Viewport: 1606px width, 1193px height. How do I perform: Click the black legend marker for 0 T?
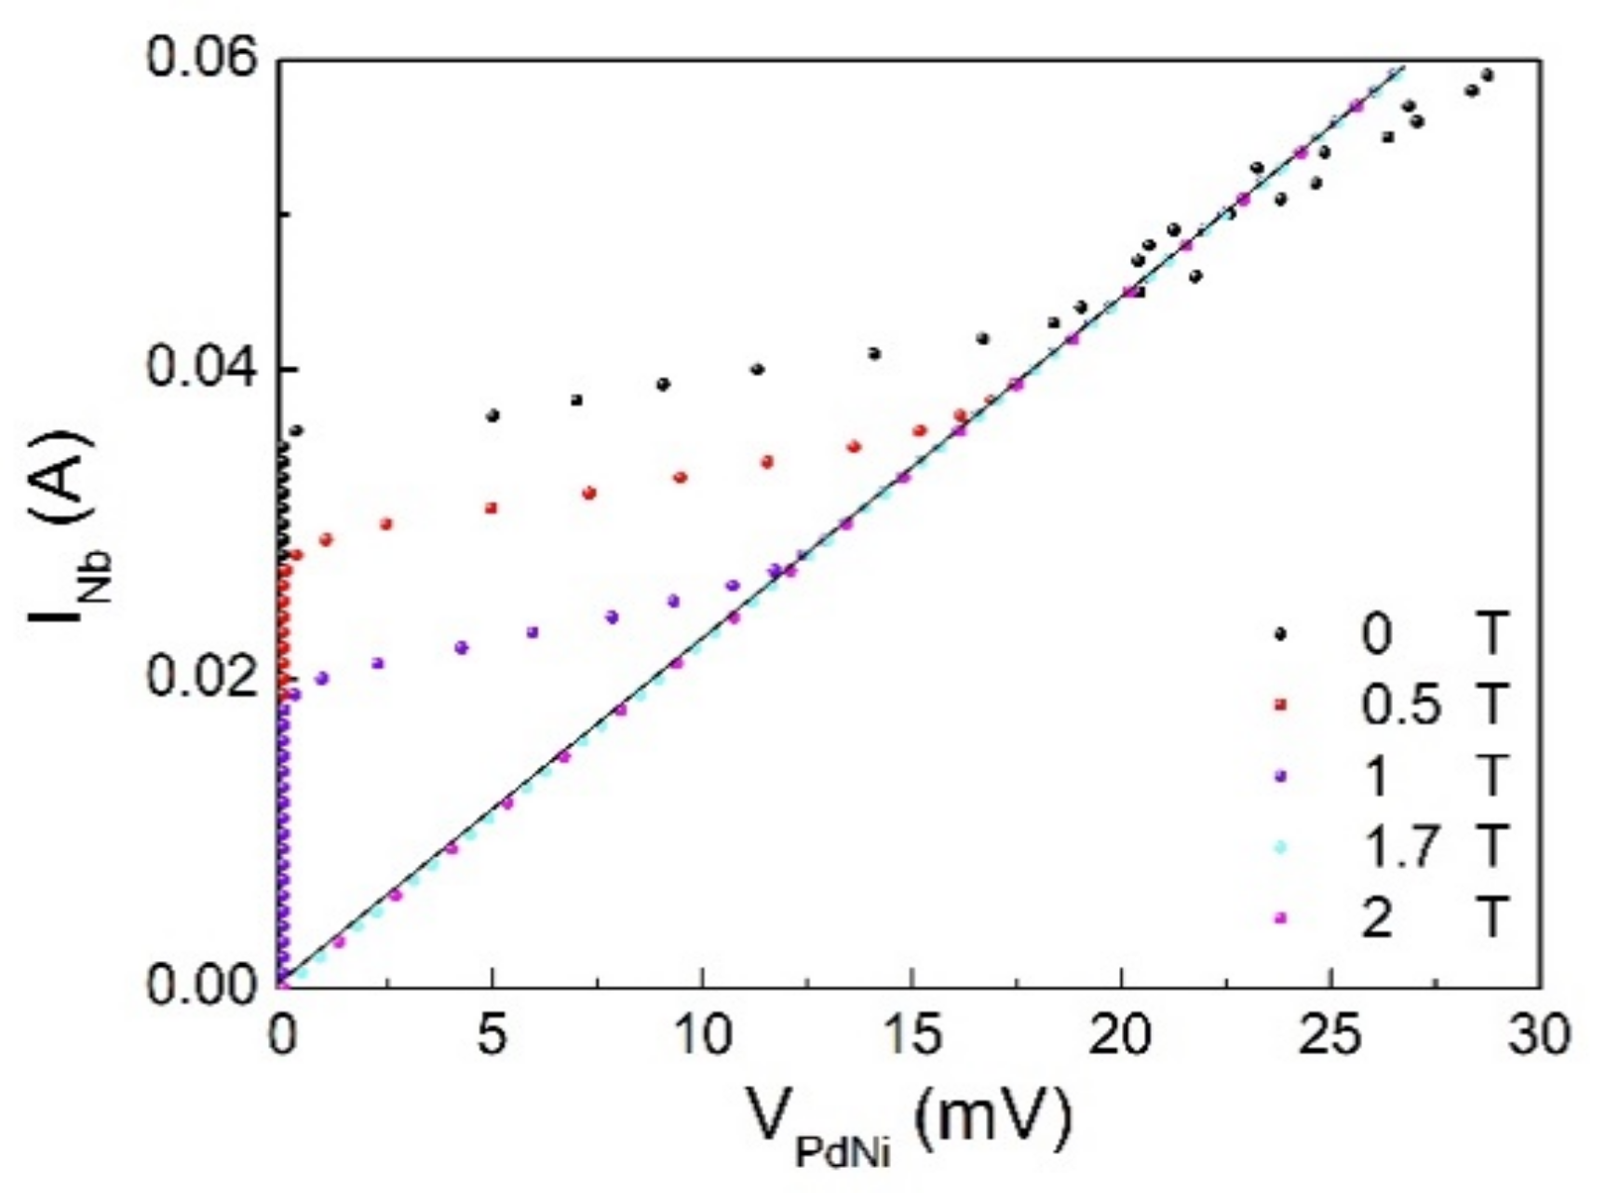coord(1281,634)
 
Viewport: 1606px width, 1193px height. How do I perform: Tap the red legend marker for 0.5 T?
coord(1281,706)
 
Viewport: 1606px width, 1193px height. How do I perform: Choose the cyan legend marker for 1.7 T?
coord(1281,847)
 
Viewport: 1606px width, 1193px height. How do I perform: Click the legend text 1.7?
coord(1402,847)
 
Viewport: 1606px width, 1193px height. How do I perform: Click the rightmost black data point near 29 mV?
coord(1487,75)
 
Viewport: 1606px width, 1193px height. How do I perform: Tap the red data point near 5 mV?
coord(492,508)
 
